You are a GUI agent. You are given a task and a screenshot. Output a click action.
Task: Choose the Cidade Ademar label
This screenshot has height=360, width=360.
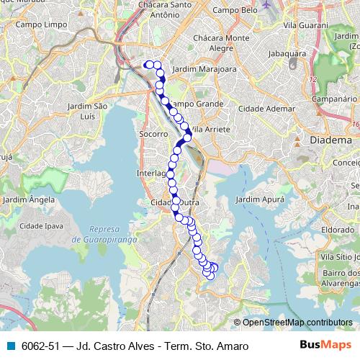[267, 109]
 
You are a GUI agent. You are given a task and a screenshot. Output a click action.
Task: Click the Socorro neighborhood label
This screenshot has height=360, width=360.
[153, 134]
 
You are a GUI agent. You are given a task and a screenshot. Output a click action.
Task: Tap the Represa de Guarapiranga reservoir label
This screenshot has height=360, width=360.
[104, 229]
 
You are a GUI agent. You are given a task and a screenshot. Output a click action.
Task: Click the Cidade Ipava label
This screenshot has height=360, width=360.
[44, 226]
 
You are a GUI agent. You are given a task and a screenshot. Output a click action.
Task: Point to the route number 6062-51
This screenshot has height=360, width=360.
[40, 347]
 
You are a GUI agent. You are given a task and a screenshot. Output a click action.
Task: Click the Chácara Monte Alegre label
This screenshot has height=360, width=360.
[227, 42]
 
